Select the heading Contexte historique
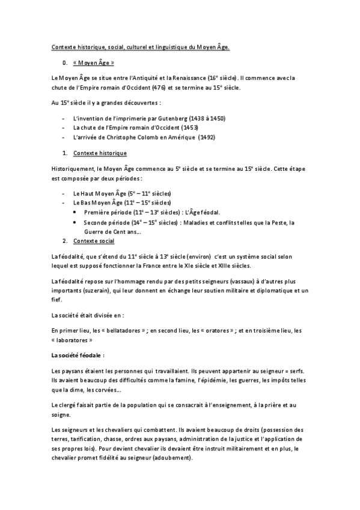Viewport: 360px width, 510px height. point(96,153)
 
